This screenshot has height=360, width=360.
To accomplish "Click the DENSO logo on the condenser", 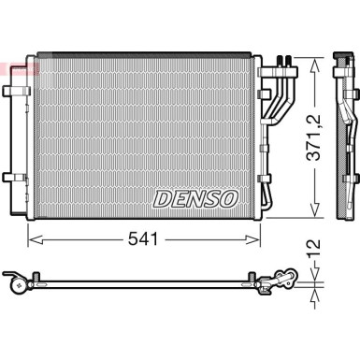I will [195, 197].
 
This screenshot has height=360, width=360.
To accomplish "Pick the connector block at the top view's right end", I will [284, 278].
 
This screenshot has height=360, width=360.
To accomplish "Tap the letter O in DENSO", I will [230, 197].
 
